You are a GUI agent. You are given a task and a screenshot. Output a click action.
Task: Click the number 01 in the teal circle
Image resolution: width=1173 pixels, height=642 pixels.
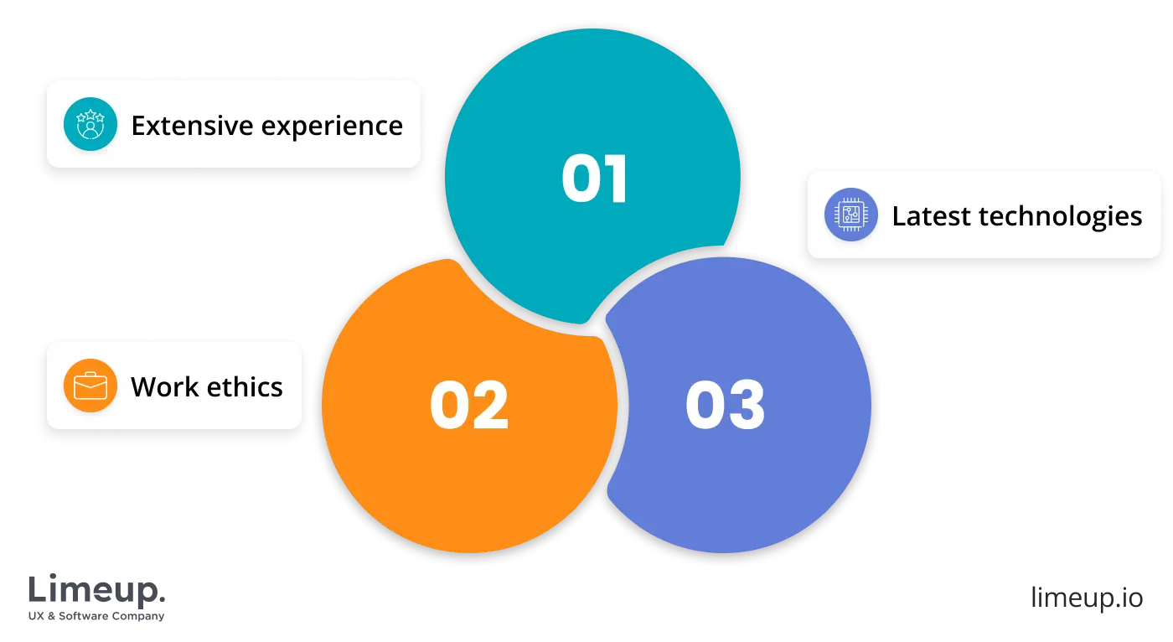(595, 179)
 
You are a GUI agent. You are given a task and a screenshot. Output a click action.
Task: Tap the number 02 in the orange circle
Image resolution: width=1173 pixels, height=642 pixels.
(469, 406)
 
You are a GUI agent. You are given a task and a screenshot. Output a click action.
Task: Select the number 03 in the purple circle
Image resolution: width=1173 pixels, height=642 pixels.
(725, 406)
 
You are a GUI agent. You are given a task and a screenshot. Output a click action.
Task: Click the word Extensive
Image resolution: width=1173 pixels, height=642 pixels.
(193, 126)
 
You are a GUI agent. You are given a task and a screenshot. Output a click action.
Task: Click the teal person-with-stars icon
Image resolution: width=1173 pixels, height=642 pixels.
(90, 126)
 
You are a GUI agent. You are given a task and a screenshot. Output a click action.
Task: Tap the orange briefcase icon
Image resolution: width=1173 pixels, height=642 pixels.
(90, 386)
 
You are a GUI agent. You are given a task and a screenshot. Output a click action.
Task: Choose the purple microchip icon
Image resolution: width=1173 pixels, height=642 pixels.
(850, 215)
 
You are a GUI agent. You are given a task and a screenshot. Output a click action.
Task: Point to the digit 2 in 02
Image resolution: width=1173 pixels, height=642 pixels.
(490, 406)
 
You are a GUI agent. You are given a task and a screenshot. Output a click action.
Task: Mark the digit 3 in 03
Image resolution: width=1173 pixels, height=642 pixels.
(747, 406)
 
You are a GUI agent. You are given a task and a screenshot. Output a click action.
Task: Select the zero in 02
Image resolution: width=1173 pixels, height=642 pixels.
(449, 406)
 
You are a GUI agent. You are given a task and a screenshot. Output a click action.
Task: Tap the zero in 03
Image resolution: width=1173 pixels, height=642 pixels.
(705, 406)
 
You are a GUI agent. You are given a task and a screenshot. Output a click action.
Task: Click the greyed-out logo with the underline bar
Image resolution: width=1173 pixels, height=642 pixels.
(96, 596)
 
